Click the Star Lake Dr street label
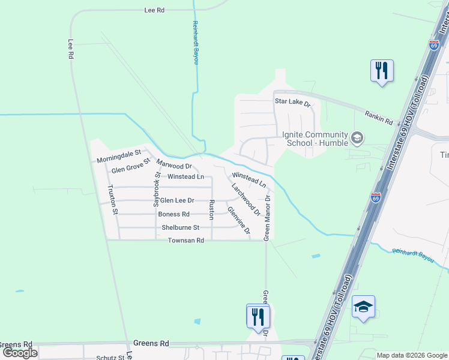292,103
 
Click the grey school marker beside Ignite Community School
357,139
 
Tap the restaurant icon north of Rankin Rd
382,71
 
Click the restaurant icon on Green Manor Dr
258,316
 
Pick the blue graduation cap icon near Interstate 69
363,307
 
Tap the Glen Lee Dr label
177,200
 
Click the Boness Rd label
173,214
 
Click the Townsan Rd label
186,240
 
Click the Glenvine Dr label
238,219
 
